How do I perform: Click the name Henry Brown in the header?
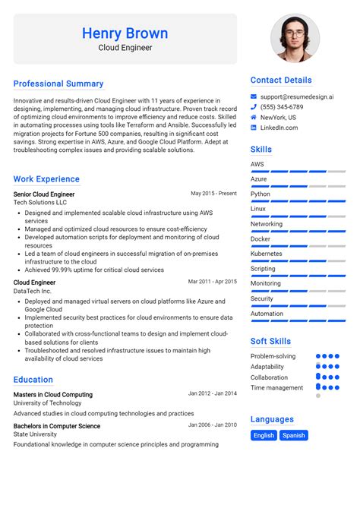click(125, 33)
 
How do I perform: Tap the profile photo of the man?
click(295, 38)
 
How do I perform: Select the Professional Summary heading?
click(58, 84)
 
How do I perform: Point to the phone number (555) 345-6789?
click(282, 107)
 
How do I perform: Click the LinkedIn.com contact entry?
click(279, 128)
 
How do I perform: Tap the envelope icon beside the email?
click(254, 96)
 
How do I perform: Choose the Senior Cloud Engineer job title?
click(44, 194)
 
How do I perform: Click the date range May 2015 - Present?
click(213, 194)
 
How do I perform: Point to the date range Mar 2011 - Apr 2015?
click(213, 282)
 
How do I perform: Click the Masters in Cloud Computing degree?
click(53, 394)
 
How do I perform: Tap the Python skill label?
click(261, 194)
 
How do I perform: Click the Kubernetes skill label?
click(266, 254)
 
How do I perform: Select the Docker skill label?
click(261, 238)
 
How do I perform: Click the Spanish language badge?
click(293, 435)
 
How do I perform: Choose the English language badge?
click(264, 435)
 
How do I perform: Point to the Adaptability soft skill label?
click(269, 367)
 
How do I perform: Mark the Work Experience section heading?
click(46, 179)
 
